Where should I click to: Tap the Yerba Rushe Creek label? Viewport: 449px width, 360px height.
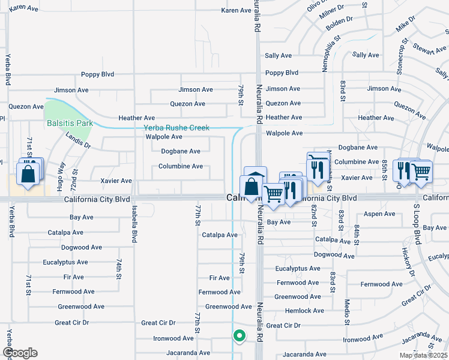point(176,127)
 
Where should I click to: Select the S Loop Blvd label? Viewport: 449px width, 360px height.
point(416,221)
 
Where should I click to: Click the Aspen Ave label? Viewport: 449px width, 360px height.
point(380,214)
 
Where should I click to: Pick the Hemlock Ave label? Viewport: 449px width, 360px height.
point(304,311)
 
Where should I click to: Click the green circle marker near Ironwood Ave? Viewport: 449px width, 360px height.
point(239,336)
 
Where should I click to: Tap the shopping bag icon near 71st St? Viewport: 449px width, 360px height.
point(28,174)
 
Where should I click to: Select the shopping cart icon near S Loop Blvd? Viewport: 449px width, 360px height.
point(421,172)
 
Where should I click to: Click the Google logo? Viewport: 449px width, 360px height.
point(20,353)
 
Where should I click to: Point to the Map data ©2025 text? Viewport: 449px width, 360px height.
point(423,355)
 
